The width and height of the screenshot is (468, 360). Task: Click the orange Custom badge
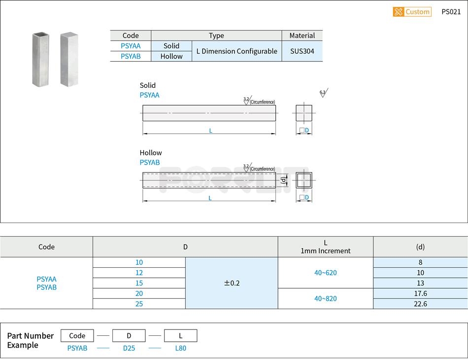point(412,12)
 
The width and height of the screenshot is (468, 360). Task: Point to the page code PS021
point(451,12)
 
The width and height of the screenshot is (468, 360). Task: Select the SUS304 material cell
point(302,51)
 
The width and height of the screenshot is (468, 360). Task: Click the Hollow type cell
point(171,56)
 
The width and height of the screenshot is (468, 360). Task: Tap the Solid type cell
point(171,46)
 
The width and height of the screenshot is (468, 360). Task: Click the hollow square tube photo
point(41,59)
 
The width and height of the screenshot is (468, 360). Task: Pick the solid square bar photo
point(69,59)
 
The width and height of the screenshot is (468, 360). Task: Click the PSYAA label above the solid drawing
point(149,95)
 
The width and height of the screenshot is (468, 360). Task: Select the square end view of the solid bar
point(304,113)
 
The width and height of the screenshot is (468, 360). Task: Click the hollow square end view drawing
point(304,180)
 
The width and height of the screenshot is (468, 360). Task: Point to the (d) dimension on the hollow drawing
point(283,180)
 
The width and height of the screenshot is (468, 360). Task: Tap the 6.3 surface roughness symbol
point(323,93)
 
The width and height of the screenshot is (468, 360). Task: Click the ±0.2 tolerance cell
point(232,283)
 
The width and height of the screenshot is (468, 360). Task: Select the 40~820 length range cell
point(325,298)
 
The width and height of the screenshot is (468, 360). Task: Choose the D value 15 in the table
point(139,283)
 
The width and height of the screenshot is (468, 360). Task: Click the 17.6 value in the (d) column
point(420,293)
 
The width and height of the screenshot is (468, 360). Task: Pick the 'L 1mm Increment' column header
point(325,247)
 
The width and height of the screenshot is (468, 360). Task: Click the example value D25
point(129,348)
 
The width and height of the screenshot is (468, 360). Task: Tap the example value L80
point(180,348)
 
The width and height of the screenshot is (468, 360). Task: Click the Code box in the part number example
point(77,336)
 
